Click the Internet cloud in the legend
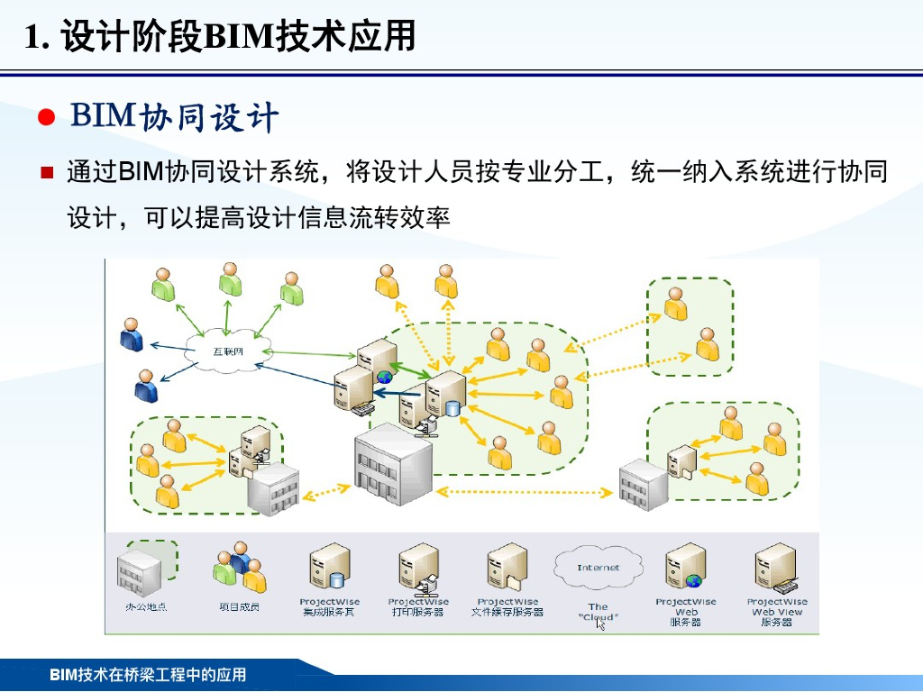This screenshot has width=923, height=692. coord(599,568)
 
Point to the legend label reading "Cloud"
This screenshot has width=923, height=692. coord(599,617)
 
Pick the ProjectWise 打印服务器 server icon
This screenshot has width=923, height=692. coord(418,569)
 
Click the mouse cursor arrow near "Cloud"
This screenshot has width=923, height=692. coord(601,624)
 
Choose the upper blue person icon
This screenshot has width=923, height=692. coord(132,334)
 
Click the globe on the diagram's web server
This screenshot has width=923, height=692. coord(385,377)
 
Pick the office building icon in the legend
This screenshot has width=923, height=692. coord(140,569)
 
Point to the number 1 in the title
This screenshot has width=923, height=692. coord(34,38)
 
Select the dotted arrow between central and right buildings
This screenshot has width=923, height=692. coord(527,492)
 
